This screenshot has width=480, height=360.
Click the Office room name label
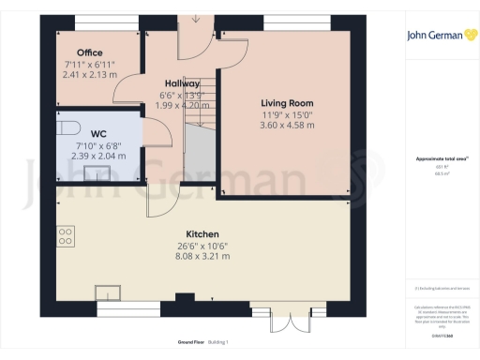coord(90,52)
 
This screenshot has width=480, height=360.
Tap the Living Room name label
coord(286,103)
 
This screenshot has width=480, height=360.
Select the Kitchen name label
coord(202,233)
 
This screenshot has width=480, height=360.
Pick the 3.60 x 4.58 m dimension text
coord(286,125)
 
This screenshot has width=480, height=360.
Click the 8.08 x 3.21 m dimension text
coord(202,255)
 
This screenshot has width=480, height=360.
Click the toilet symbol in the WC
coord(66,128)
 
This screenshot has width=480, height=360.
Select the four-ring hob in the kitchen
coord(67,236)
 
